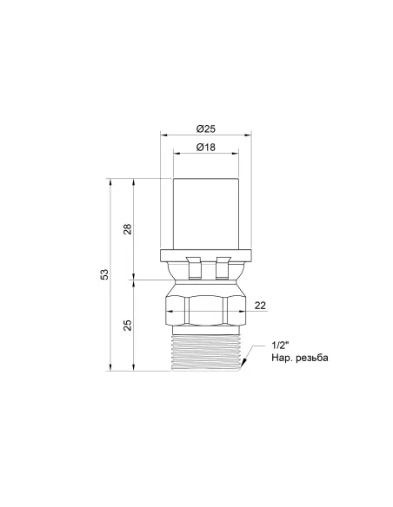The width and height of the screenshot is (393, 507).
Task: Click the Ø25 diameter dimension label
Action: pos(205,128)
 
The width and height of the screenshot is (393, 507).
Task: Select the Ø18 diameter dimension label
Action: pos(205,147)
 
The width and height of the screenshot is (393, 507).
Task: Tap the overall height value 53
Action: pos(104,274)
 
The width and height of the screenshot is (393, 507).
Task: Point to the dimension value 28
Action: pos(128,229)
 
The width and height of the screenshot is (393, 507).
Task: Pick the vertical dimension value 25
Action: pos(128,325)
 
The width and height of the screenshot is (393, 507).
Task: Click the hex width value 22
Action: pos(260,306)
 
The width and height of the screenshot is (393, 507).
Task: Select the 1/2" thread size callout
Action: pos(280,346)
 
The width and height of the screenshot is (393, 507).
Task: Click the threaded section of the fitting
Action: pos(206,352)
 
